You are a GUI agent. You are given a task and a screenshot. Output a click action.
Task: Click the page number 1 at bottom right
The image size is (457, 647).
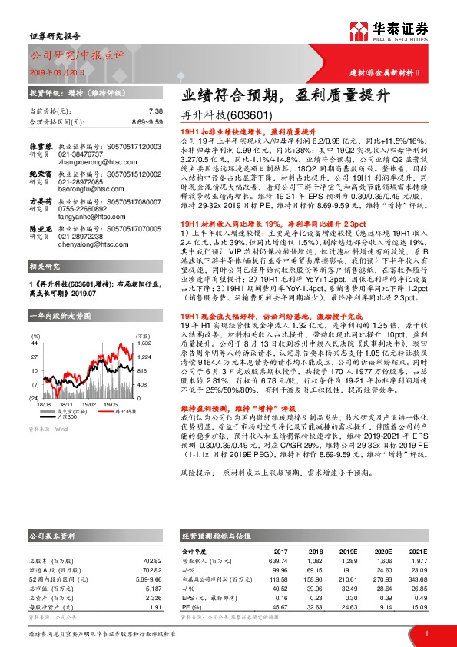[x=426, y=632]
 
